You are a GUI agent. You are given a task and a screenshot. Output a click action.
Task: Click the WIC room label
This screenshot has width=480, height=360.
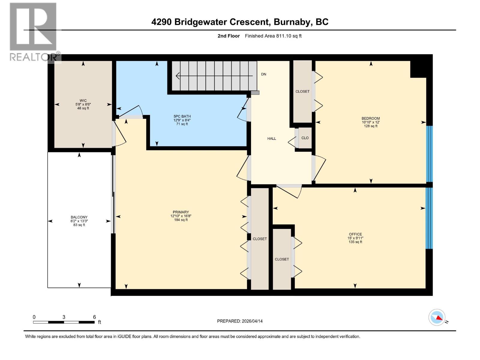click(x=83, y=100)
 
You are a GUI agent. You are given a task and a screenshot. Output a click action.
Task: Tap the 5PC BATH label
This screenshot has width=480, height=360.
click(x=182, y=116)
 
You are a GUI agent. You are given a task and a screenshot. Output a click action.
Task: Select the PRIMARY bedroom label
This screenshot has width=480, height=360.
click(x=181, y=212)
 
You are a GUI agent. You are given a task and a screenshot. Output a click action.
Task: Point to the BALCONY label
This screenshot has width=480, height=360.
click(x=79, y=217)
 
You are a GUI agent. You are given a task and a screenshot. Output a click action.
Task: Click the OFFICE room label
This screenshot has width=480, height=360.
click(x=355, y=234)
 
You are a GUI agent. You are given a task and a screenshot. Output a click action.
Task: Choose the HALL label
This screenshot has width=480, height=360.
click(x=271, y=138)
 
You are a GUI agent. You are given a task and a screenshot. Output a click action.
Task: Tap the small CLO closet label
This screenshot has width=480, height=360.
click(x=305, y=138)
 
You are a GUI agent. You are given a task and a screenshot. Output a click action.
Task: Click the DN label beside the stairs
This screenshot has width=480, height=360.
click(x=263, y=74)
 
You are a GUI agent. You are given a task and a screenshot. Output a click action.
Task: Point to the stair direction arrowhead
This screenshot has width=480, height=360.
click(x=178, y=76)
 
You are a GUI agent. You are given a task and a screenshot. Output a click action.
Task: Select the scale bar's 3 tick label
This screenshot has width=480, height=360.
click(x=64, y=317)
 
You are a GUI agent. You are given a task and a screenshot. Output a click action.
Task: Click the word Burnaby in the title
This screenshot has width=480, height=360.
click(x=292, y=22)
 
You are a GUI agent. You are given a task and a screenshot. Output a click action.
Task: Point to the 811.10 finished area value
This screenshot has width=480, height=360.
click(x=284, y=36)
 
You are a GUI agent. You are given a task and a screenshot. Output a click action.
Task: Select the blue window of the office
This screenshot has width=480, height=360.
click(x=429, y=218)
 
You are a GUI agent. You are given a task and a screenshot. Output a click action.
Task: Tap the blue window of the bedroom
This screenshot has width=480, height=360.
click(x=430, y=154)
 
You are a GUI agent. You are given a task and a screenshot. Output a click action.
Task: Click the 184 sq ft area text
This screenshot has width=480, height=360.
click(x=181, y=220)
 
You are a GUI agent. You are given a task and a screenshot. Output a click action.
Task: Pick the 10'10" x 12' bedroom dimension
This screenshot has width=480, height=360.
click(x=370, y=122)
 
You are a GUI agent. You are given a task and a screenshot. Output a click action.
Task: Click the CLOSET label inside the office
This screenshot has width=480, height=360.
click(x=282, y=259)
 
